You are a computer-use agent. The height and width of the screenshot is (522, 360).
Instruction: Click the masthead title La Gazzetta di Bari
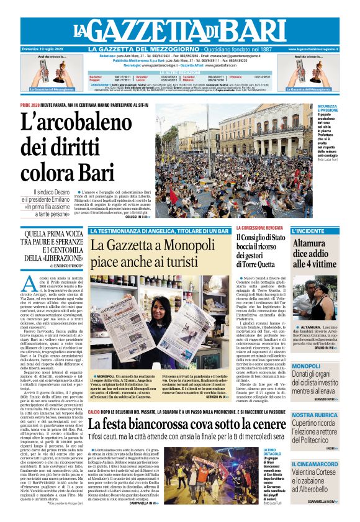(x=180, y=30)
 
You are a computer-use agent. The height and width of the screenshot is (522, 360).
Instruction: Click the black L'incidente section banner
(x=315, y=230)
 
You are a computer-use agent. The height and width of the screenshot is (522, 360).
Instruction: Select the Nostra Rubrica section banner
(x=315, y=415)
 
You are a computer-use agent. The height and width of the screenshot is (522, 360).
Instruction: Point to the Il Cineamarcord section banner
(x=315, y=464)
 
